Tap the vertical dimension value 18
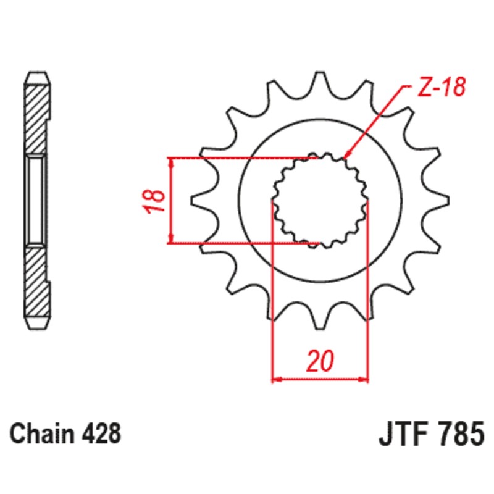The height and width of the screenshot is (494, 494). (x=157, y=201)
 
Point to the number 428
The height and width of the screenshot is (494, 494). (x=99, y=433)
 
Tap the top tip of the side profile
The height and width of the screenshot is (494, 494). (x=36, y=74)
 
